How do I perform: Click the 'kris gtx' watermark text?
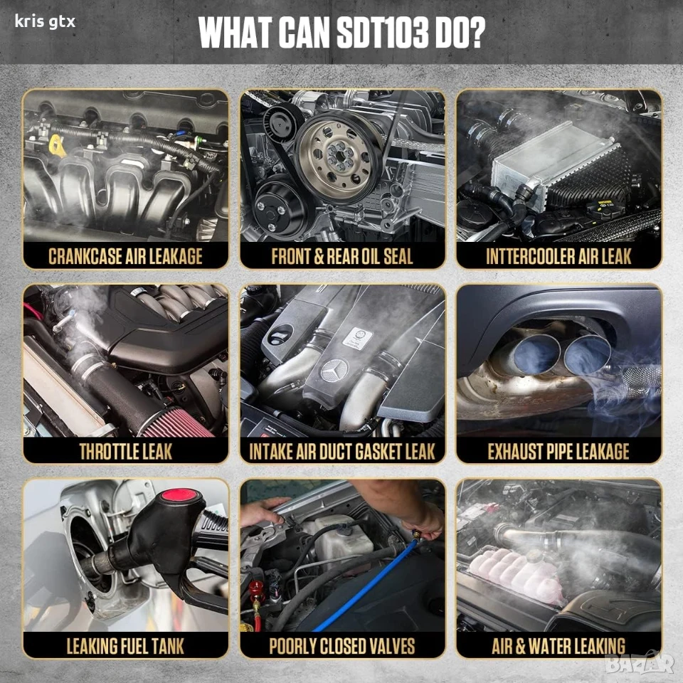tap(45, 22)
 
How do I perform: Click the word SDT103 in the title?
tap(383, 33)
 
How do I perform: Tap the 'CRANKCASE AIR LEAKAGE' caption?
tap(125, 256)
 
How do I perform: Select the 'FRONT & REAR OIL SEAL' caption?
tap(342, 256)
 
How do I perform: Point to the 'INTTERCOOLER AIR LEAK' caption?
tap(559, 256)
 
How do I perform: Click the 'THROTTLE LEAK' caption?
tap(125, 451)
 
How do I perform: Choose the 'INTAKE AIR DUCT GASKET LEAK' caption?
tap(342, 451)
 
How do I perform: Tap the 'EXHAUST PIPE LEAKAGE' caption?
tap(558, 451)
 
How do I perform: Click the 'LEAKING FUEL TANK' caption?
tap(125, 646)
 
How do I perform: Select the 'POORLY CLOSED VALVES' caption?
tap(342, 646)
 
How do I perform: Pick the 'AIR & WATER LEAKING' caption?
tap(558, 646)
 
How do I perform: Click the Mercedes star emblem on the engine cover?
tap(334, 371)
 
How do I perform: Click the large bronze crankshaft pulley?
tap(339, 157)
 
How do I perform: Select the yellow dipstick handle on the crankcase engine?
tap(58, 146)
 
